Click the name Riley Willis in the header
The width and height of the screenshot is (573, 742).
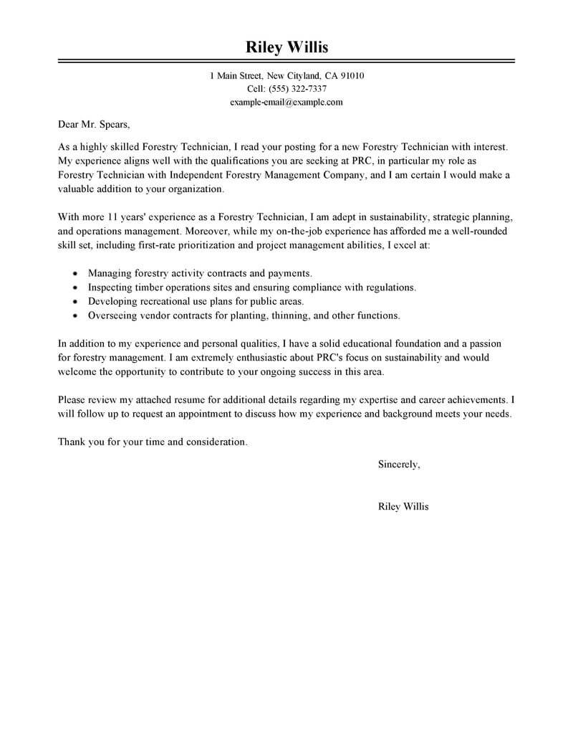(x=286, y=47)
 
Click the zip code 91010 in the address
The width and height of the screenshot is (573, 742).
(x=350, y=75)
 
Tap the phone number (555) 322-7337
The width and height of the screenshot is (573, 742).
(x=297, y=89)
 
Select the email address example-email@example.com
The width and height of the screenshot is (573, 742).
(x=286, y=102)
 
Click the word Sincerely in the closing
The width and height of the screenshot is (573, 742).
(x=398, y=465)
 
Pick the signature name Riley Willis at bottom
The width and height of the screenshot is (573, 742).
(x=403, y=506)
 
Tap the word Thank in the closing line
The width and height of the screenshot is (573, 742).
(x=72, y=442)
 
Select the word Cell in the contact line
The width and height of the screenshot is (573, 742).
(x=255, y=89)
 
